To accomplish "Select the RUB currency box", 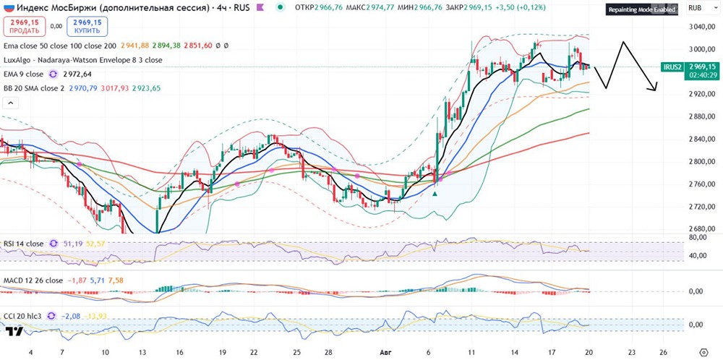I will click(697, 7).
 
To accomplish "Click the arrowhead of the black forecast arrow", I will click(656, 90).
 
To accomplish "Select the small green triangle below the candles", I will click(435, 193).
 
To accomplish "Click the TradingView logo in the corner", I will click(14, 331).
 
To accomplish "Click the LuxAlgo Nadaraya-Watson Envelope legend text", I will click(82, 60).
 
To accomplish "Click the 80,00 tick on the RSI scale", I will click(696, 236).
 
